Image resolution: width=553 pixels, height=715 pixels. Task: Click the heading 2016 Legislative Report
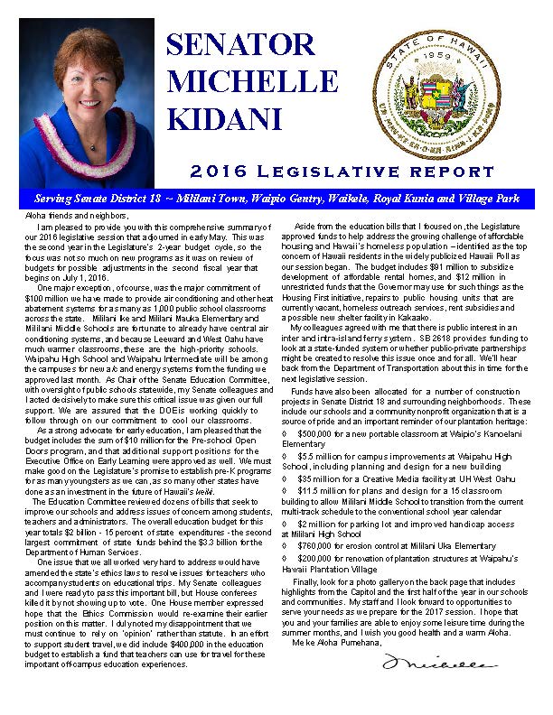[x=343, y=171]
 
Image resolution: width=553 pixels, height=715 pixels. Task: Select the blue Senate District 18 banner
[x=276, y=197]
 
